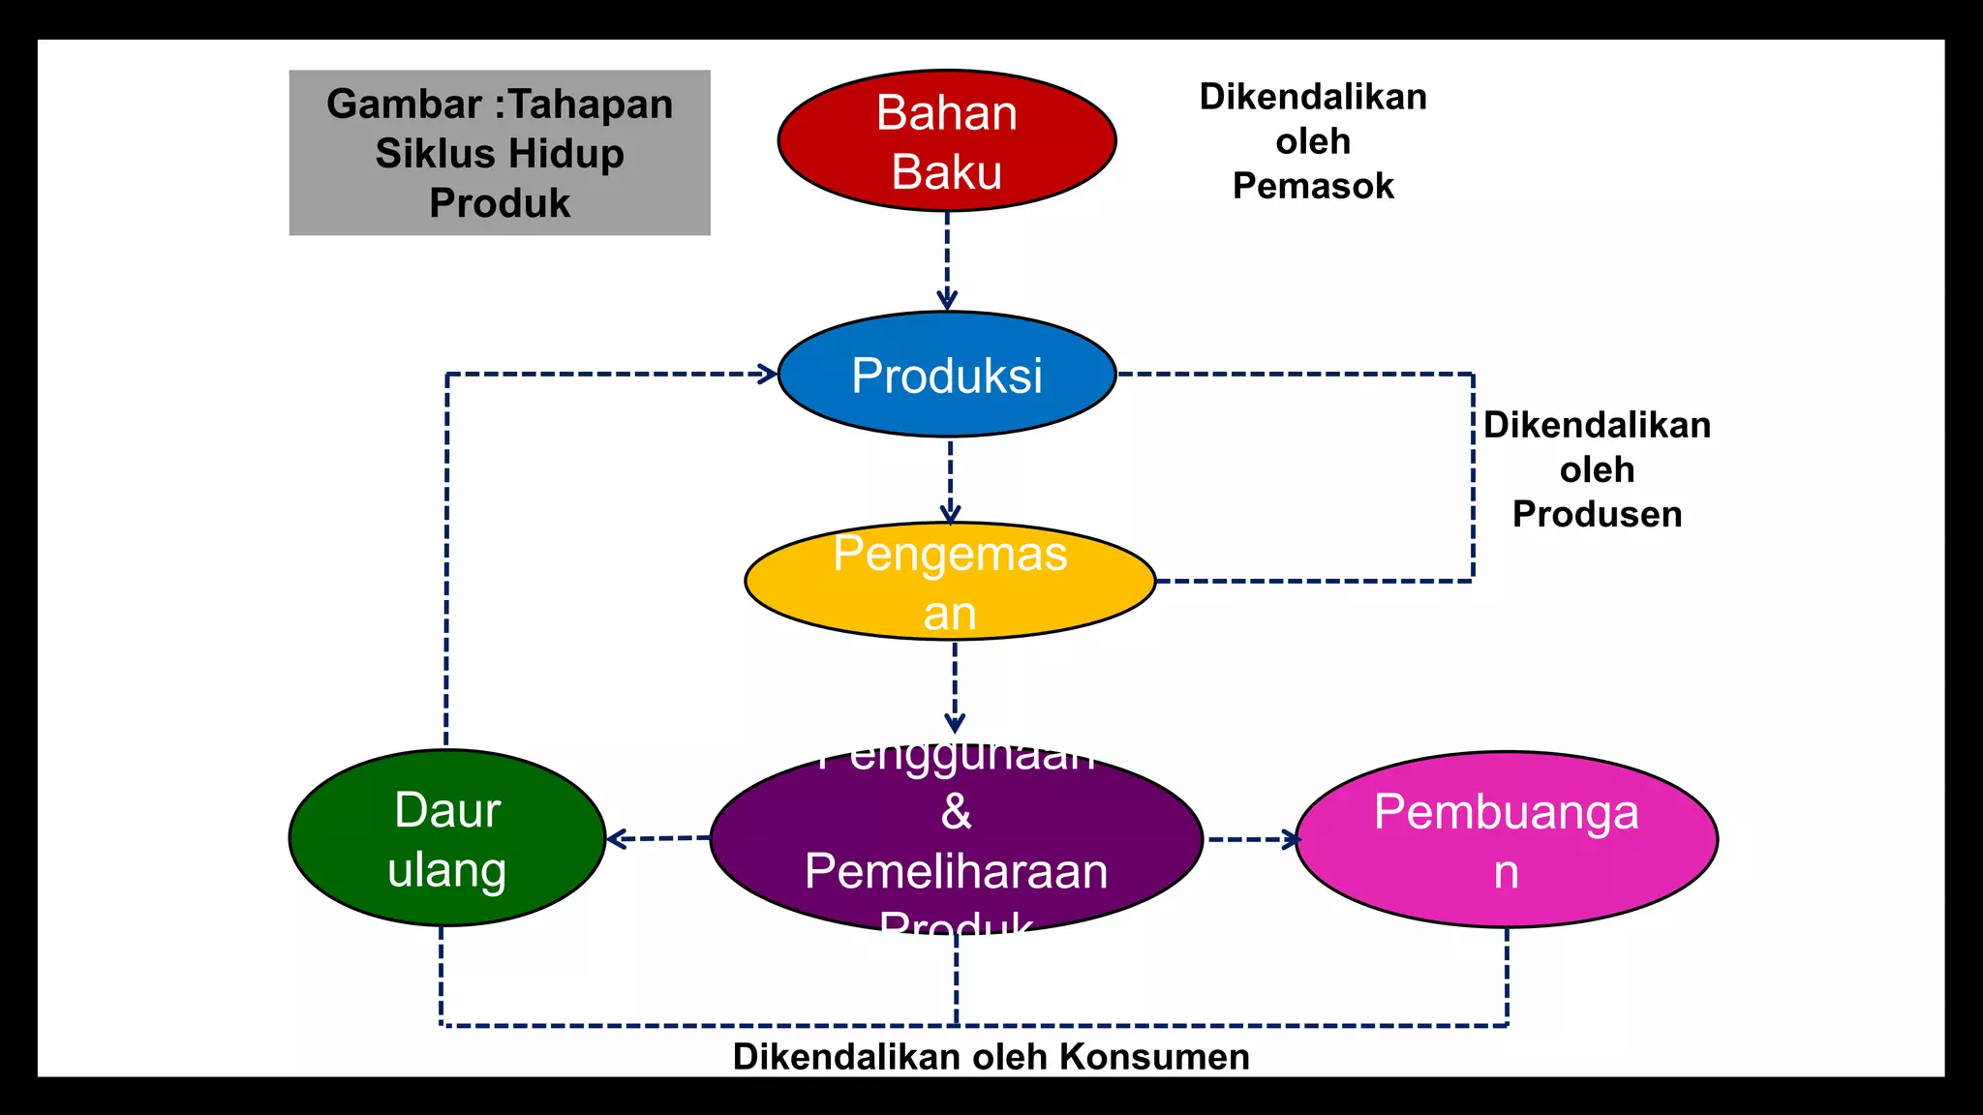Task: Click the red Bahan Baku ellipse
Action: (x=946, y=140)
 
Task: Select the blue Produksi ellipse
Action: (x=946, y=375)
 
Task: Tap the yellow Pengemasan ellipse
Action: (x=949, y=581)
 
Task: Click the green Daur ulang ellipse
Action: (x=446, y=838)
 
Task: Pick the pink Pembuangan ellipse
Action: (x=1506, y=840)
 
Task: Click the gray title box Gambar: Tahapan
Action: (x=500, y=153)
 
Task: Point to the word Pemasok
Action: (x=1313, y=186)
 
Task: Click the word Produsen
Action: (x=1597, y=514)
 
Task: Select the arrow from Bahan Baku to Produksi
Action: (x=947, y=261)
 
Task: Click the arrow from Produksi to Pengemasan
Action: (x=950, y=481)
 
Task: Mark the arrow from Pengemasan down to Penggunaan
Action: (x=955, y=687)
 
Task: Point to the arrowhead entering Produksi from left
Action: (x=767, y=374)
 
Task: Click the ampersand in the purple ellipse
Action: (x=956, y=811)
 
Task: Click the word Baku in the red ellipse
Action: (x=946, y=172)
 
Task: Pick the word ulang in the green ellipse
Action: (x=446, y=869)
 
